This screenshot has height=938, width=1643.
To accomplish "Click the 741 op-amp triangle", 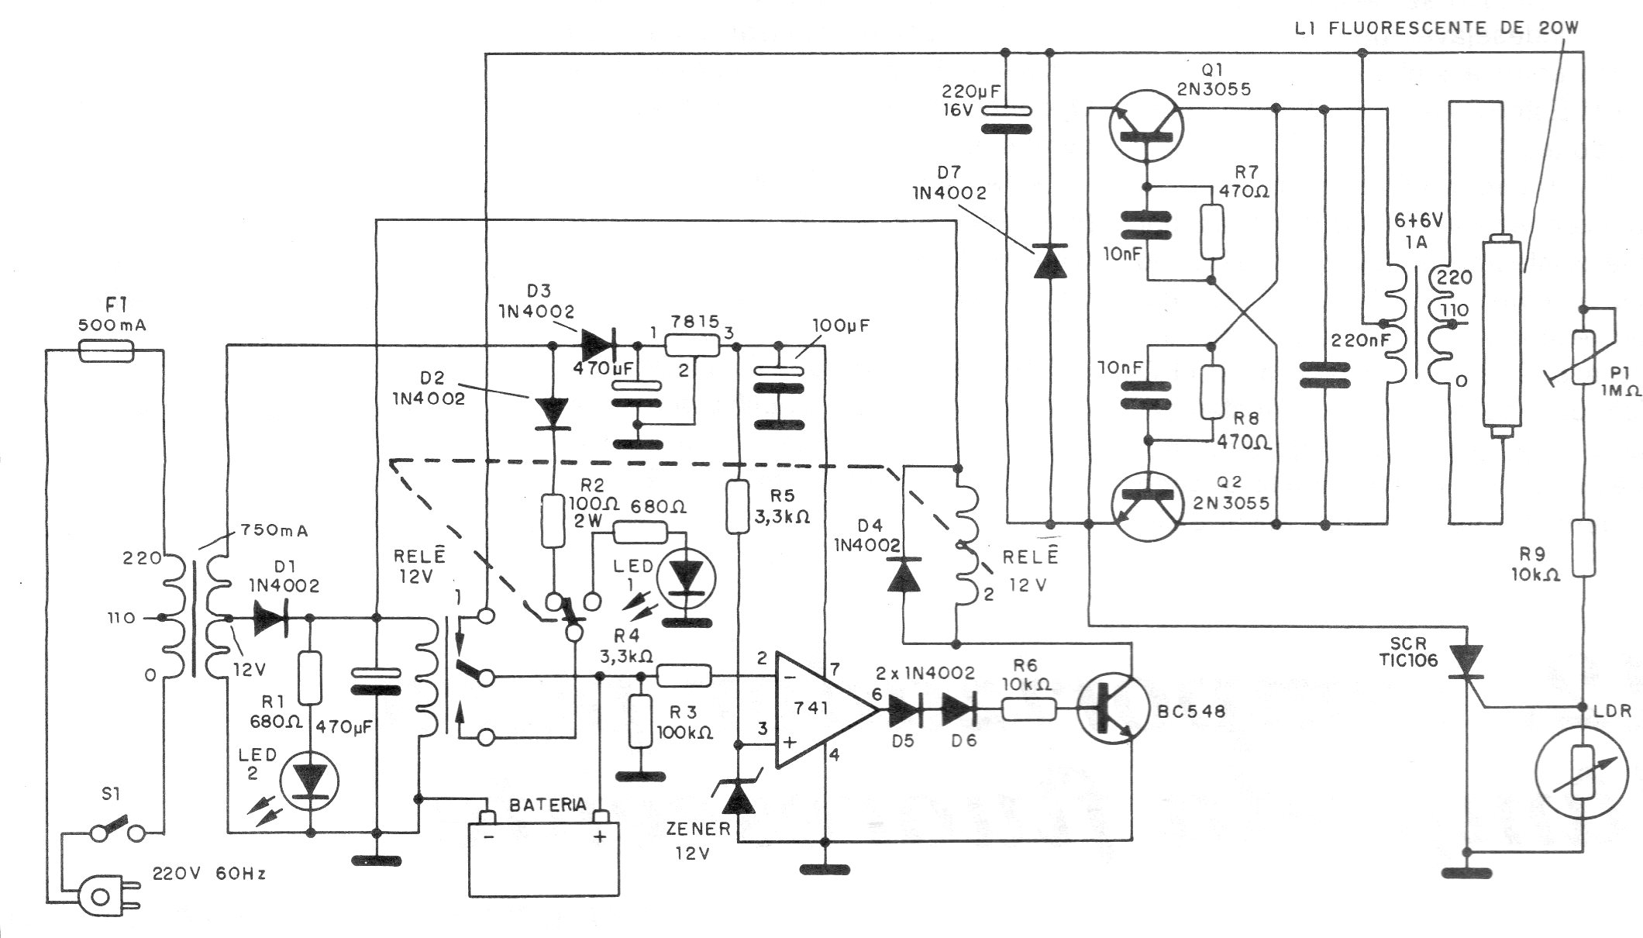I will tap(821, 710).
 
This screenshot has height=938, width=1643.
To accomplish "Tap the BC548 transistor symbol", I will tap(1111, 711).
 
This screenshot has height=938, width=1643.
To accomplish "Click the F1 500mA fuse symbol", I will tap(108, 351).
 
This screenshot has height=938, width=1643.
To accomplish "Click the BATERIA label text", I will tap(547, 805).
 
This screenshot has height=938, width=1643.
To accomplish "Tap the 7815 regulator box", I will tap(693, 347).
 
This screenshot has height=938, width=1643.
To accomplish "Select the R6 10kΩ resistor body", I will tap(1028, 710).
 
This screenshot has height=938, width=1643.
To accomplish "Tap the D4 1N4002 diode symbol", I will tap(904, 575).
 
